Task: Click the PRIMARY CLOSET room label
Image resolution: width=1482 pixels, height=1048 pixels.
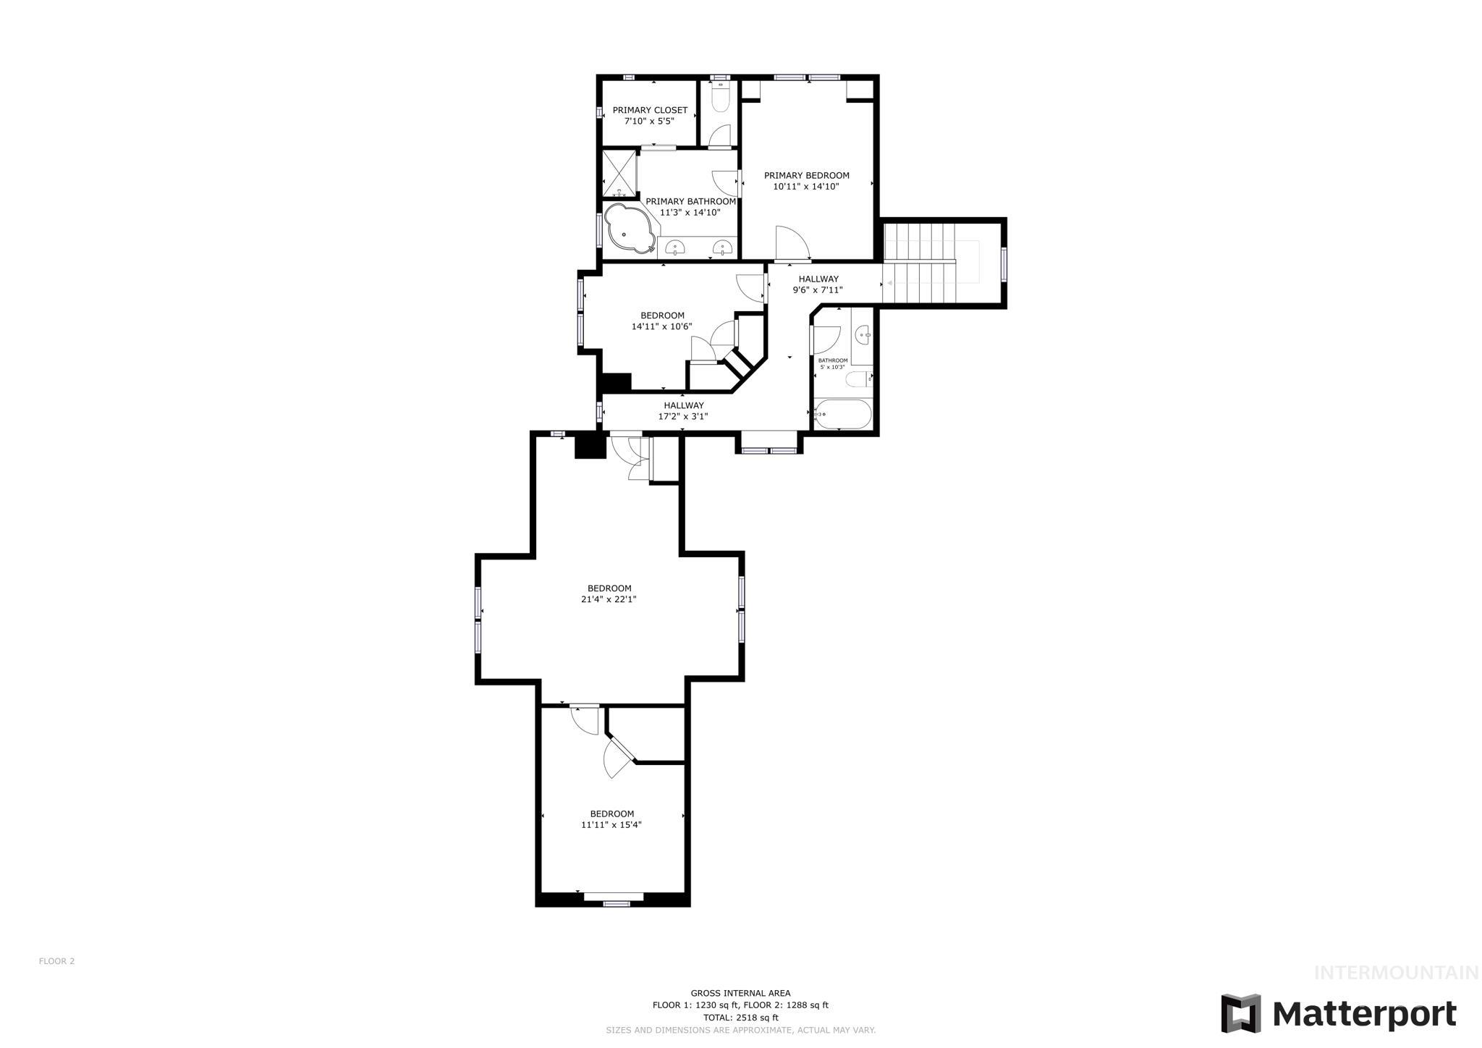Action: tap(650, 110)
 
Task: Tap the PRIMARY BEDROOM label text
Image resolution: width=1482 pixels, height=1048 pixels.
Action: tap(806, 175)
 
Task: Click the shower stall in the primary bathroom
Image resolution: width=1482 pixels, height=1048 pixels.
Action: tap(620, 173)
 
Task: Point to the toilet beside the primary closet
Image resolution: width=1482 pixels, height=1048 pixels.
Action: tap(721, 98)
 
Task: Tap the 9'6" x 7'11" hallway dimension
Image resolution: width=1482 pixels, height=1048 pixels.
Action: tap(818, 290)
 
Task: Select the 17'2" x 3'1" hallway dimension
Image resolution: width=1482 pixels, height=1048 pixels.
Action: tap(683, 417)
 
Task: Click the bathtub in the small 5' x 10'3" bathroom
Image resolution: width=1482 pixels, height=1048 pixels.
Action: tap(842, 415)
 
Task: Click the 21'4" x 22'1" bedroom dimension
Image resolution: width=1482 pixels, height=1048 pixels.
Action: tap(609, 599)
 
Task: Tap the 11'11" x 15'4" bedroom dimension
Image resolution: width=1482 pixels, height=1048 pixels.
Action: tap(611, 824)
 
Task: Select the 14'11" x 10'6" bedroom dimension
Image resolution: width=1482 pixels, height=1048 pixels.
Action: tap(661, 326)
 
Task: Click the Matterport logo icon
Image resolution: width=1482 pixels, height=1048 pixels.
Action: tap(1240, 1013)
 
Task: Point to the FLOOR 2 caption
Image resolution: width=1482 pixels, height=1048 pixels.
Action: tap(56, 961)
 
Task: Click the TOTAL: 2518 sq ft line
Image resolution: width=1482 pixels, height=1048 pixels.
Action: tap(740, 1018)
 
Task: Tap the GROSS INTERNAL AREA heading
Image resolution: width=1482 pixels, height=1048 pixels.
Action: tap(740, 993)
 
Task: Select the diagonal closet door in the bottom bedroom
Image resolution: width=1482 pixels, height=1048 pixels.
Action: tap(619, 757)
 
